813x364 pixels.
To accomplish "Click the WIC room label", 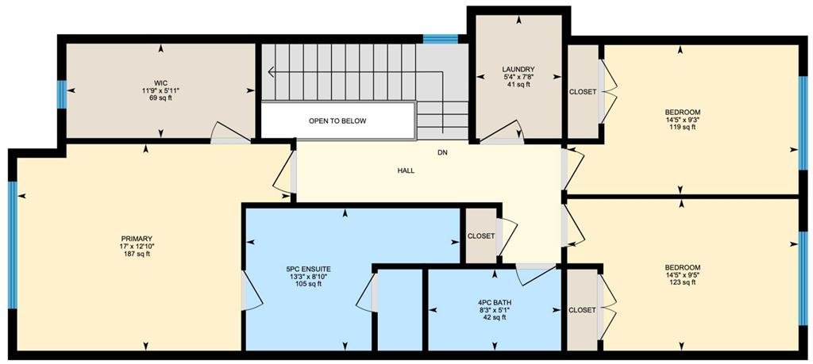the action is point(160,82).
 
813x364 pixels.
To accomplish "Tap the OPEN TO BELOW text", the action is point(337,121).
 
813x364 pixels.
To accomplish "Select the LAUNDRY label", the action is point(518,69).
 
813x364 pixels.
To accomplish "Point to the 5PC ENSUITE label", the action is point(309,269).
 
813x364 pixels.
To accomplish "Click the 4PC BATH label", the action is point(491,302).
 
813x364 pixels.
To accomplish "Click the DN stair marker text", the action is point(441,153).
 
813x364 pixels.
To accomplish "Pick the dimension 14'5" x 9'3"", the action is point(683,120).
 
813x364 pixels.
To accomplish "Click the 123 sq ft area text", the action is point(683,282).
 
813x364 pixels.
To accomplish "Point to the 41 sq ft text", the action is point(518,84).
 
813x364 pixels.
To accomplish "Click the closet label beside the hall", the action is point(480,236).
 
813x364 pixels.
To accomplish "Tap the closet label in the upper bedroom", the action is point(583,92).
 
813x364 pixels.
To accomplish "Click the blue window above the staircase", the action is point(440,39).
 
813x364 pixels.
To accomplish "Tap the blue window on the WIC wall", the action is point(62,94).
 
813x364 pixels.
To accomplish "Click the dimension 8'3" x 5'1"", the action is point(491,310).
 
